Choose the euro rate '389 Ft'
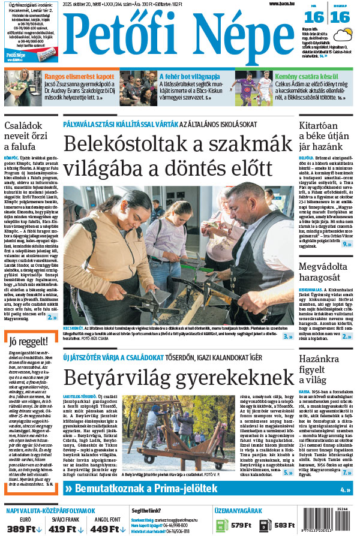point(20,528)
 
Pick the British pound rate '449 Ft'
point(107,528)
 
